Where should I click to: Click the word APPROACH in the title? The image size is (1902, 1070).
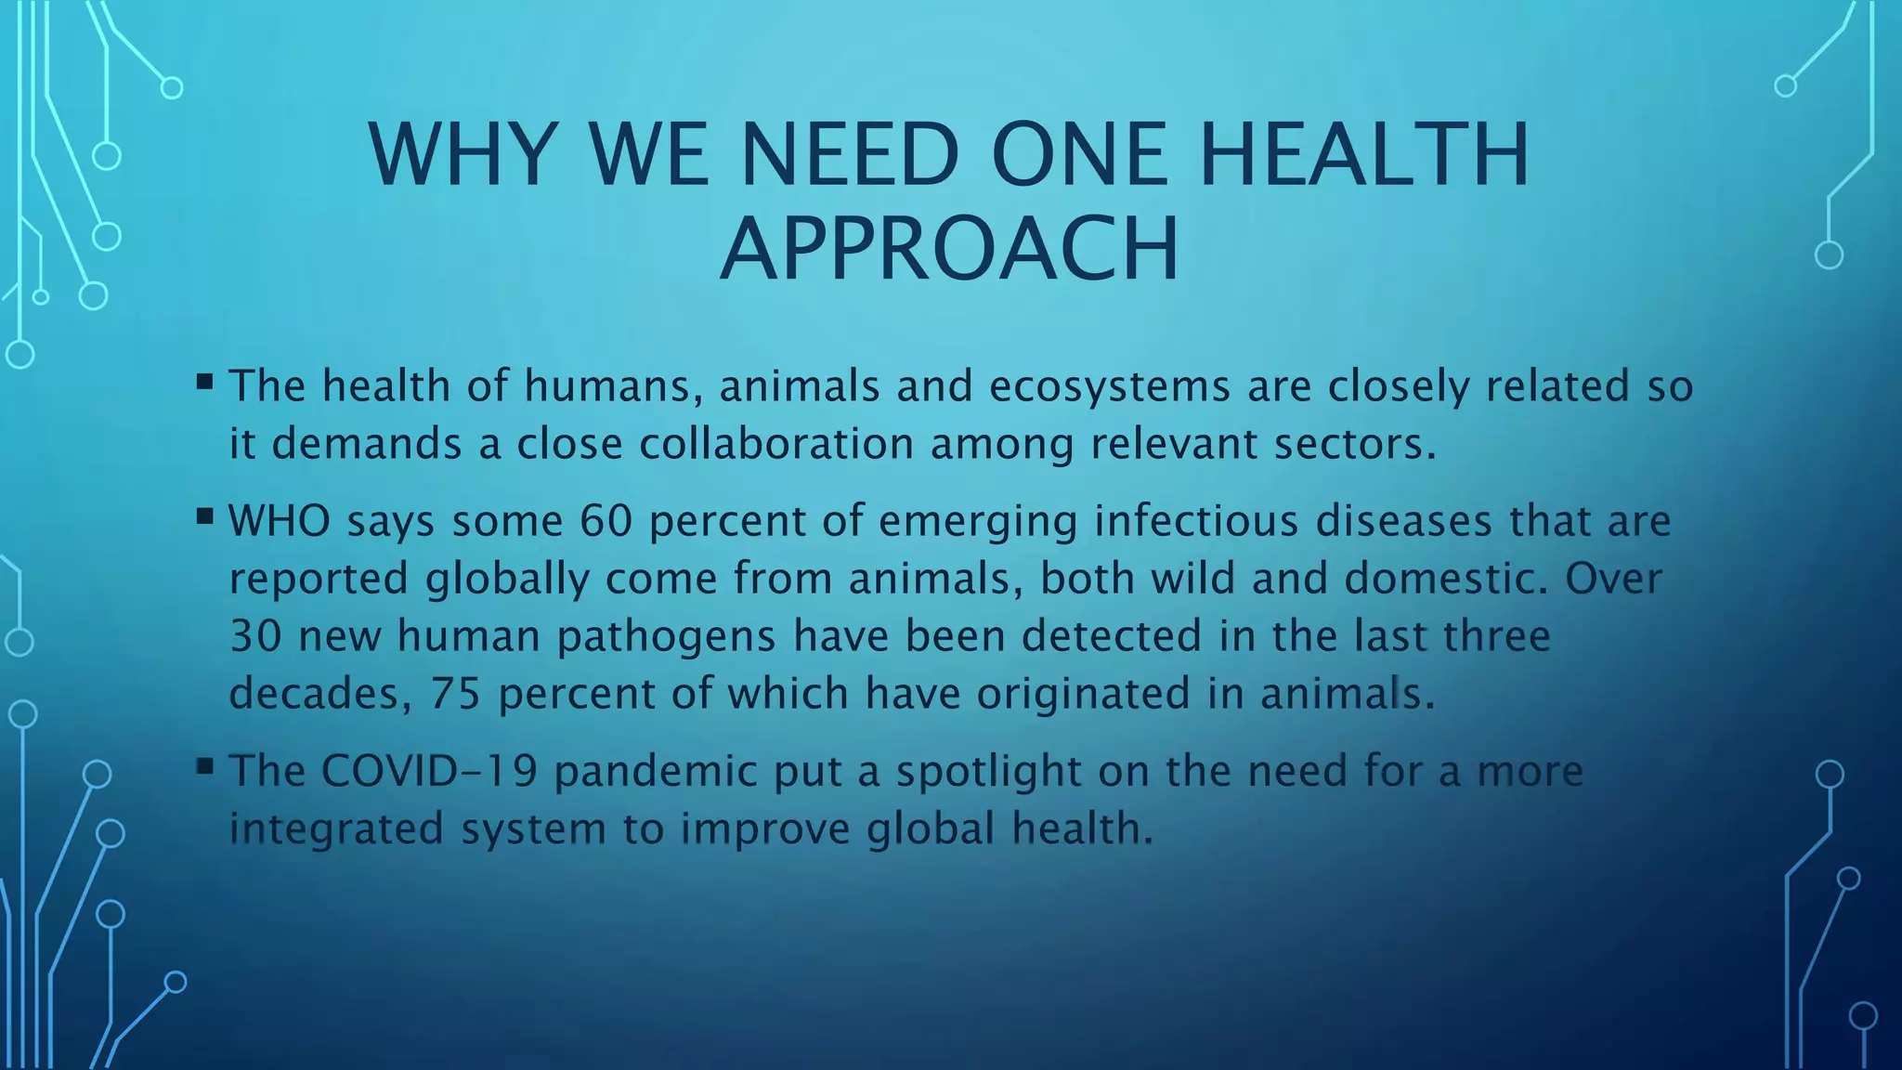pyautogui.click(x=949, y=249)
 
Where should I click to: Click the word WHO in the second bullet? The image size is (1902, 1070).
pyautogui.click(x=280, y=520)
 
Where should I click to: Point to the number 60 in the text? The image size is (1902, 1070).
pyautogui.click(x=606, y=520)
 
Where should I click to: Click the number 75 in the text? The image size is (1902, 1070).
pyautogui.click(x=455, y=693)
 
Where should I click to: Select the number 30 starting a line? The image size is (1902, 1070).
pyautogui.click(x=254, y=636)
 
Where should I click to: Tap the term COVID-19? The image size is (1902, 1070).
pyautogui.click(x=429, y=771)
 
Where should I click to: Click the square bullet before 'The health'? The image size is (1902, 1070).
pyautogui.click(x=205, y=381)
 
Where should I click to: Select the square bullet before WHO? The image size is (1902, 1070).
pyautogui.click(x=205, y=515)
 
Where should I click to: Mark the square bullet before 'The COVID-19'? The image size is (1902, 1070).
pyautogui.click(x=205, y=766)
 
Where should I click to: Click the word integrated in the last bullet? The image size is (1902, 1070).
pyautogui.click(x=336, y=829)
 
